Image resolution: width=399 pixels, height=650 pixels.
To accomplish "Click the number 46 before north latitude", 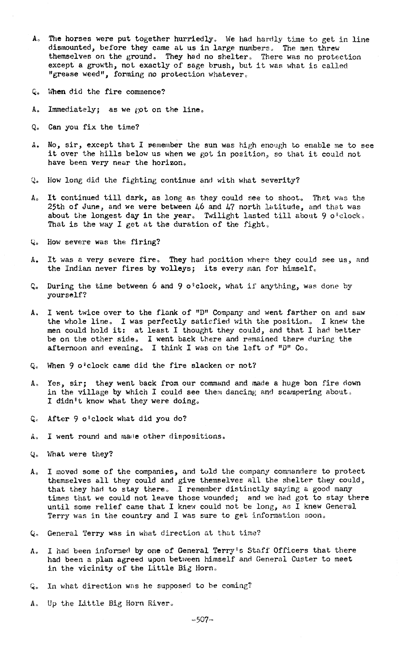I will tap(198, 207).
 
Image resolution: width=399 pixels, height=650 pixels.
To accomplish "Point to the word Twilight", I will tap(221, 216).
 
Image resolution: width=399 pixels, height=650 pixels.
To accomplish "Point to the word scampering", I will tap(299, 392).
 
